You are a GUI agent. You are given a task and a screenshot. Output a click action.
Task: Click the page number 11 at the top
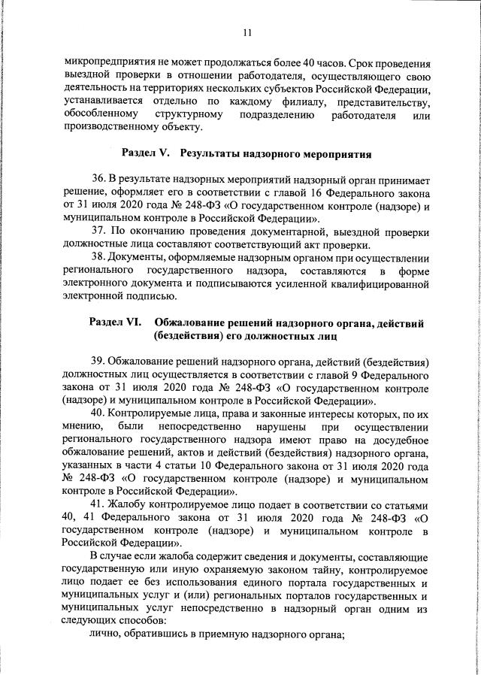click(247, 32)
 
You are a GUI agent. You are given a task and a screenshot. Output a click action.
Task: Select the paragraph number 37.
click(98, 229)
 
